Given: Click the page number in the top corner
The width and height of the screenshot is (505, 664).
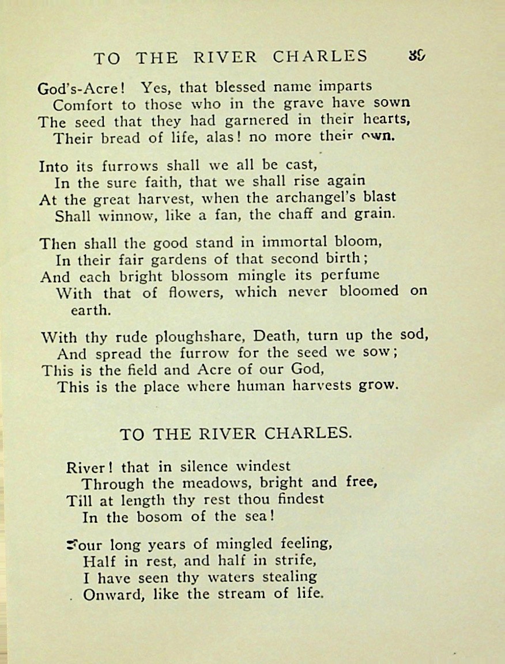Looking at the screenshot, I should click(417, 55).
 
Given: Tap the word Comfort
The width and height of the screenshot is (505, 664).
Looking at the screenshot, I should click(78, 105).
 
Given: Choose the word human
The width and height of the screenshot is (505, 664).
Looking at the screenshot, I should click(255, 386).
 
